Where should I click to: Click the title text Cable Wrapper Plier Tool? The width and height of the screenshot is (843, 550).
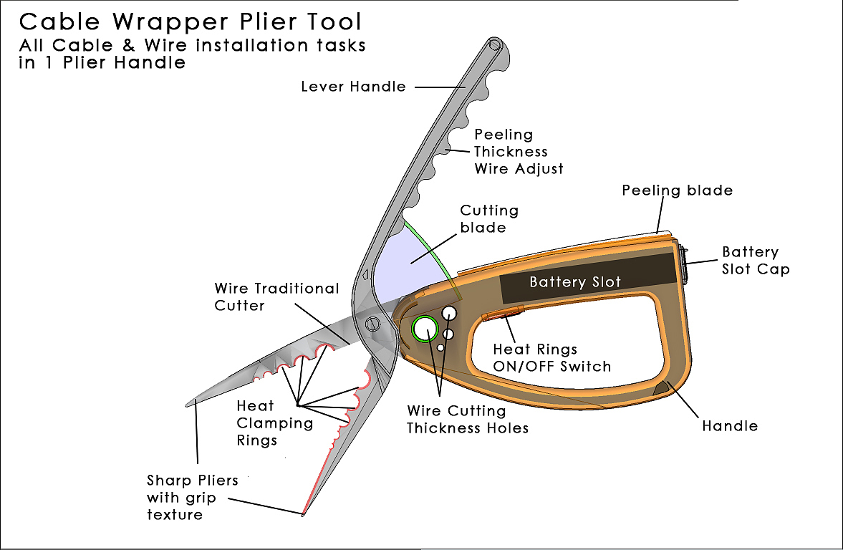pos(191,21)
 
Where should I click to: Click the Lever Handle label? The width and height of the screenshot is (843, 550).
pos(353,87)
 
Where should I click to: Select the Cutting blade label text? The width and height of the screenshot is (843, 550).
pos(489,218)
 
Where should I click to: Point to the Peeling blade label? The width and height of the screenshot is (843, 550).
pos(677,190)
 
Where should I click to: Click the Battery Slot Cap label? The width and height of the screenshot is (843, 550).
pos(755,261)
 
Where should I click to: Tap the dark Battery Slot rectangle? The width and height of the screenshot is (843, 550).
pos(587,281)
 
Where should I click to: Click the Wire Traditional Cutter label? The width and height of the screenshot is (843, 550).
pos(276,296)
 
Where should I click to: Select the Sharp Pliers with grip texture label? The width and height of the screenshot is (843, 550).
pos(192,497)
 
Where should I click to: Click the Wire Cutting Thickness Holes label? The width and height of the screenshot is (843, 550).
pos(467,420)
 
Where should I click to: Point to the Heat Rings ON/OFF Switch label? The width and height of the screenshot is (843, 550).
pos(551,358)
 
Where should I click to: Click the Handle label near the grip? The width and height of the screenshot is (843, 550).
pos(729,426)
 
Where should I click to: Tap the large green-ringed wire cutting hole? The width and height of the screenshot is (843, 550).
pos(425,329)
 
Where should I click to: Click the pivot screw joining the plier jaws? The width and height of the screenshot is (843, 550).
pos(373,324)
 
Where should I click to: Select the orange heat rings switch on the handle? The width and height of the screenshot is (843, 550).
pos(504,314)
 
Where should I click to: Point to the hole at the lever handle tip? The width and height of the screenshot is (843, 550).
pos(495,45)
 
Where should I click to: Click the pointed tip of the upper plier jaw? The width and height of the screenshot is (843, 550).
pos(188,403)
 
